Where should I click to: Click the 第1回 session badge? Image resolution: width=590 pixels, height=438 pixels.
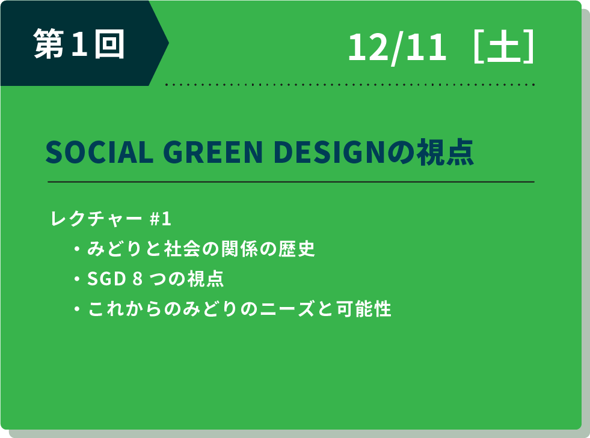[x=79, y=44]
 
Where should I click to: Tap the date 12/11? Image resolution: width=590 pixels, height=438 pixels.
[x=398, y=47]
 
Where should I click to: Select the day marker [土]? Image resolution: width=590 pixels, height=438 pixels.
[x=504, y=46]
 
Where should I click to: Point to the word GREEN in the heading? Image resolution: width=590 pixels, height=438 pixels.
[x=213, y=152]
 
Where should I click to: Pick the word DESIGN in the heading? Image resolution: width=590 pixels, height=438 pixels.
[x=329, y=152]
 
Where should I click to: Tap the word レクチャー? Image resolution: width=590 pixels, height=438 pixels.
[x=96, y=219]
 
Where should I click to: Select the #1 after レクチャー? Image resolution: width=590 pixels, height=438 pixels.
[x=161, y=219]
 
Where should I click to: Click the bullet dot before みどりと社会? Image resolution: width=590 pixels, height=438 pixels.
[x=77, y=249]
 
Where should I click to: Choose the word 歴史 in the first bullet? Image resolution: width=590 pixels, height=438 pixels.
[x=297, y=249]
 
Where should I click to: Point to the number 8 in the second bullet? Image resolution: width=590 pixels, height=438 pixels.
[x=138, y=279]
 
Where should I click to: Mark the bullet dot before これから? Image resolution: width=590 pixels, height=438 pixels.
[x=77, y=309]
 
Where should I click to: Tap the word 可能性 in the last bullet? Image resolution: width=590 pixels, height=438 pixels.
[x=364, y=309]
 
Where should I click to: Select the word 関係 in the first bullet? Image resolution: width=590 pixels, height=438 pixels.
[x=239, y=249]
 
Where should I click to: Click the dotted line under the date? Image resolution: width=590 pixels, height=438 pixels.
[x=350, y=85]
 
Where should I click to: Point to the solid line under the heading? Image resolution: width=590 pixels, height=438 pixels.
[x=291, y=182]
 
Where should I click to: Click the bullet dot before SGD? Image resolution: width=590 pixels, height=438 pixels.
[x=77, y=279]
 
